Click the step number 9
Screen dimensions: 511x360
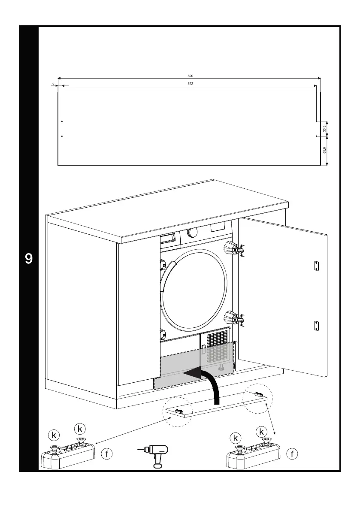click(x=29, y=259)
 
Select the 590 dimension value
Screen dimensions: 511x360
click(x=191, y=76)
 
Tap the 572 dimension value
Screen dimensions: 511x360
click(x=190, y=84)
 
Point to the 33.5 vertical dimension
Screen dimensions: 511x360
click(x=325, y=128)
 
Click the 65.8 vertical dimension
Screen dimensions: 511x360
click(x=325, y=150)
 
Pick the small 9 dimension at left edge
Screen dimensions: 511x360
click(x=53, y=84)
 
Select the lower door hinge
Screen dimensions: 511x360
click(x=236, y=318)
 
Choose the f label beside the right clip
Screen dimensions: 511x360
click(x=293, y=453)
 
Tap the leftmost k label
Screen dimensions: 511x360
click(x=54, y=435)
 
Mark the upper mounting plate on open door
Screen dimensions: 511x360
click(x=317, y=266)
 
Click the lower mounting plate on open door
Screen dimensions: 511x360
click(x=317, y=326)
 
